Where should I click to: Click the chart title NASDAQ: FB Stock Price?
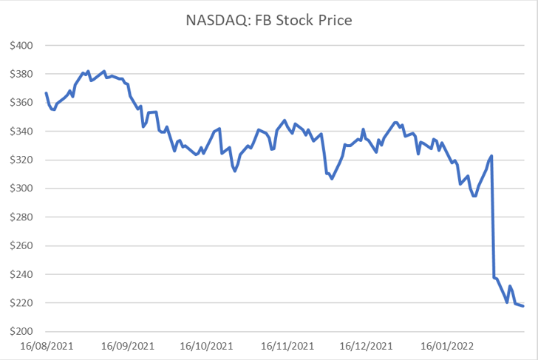268,20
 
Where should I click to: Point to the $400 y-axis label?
22,46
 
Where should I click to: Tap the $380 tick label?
22,74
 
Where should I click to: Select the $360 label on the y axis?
22,103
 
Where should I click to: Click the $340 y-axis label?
22,132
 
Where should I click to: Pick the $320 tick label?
22,160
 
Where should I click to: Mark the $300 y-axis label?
22,189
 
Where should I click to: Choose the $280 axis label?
22,217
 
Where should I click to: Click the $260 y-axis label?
22,246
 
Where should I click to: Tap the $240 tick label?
22,274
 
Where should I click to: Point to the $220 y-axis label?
22,303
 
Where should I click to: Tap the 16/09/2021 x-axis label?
127,345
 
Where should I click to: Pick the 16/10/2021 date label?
206,345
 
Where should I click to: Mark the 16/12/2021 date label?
367,345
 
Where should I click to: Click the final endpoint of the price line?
523,306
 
